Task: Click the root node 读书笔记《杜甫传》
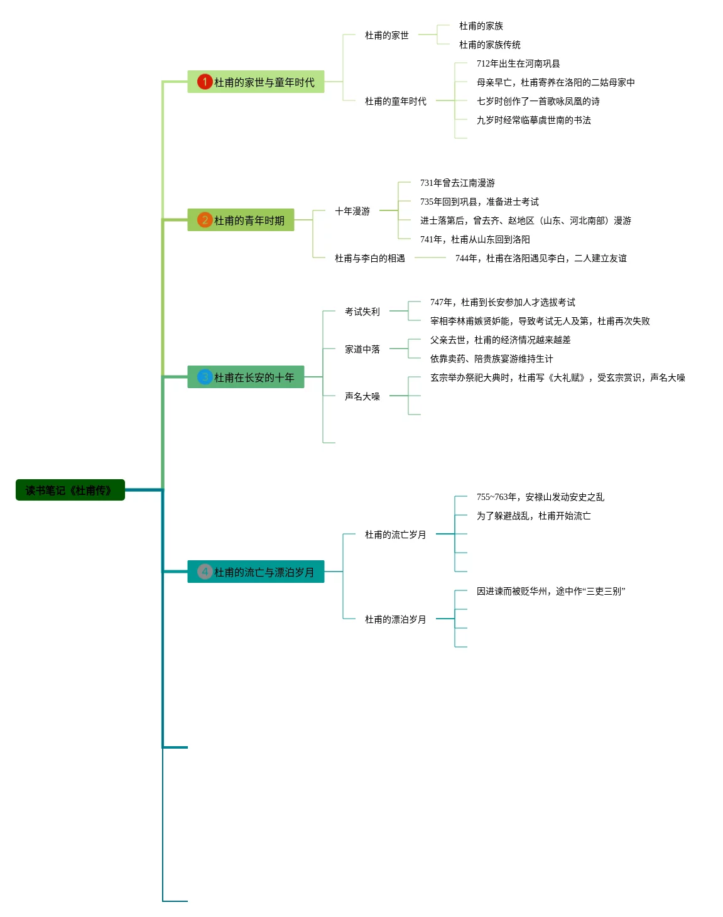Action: coord(70,490)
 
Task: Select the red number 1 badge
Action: coord(205,82)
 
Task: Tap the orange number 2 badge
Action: coord(205,220)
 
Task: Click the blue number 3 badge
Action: coord(205,377)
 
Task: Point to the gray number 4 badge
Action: coord(205,572)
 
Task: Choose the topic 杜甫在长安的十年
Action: coord(254,377)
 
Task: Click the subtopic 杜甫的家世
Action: coord(386,35)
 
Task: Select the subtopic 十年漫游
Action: coord(352,211)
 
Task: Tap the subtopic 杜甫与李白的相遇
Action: coord(369,258)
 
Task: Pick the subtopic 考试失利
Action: coord(362,312)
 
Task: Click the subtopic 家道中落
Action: coord(362,349)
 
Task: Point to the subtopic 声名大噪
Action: coord(362,396)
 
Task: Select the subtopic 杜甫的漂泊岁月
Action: coord(395,619)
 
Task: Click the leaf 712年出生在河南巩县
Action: coord(518,63)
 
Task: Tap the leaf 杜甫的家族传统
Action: coord(489,45)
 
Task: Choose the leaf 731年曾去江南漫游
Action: coord(457,183)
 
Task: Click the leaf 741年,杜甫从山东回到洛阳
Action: coord(475,239)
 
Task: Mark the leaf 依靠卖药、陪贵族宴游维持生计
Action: coord(491,359)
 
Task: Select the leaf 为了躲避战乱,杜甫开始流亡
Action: coord(533,516)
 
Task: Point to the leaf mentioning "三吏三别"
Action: coord(550,591)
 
